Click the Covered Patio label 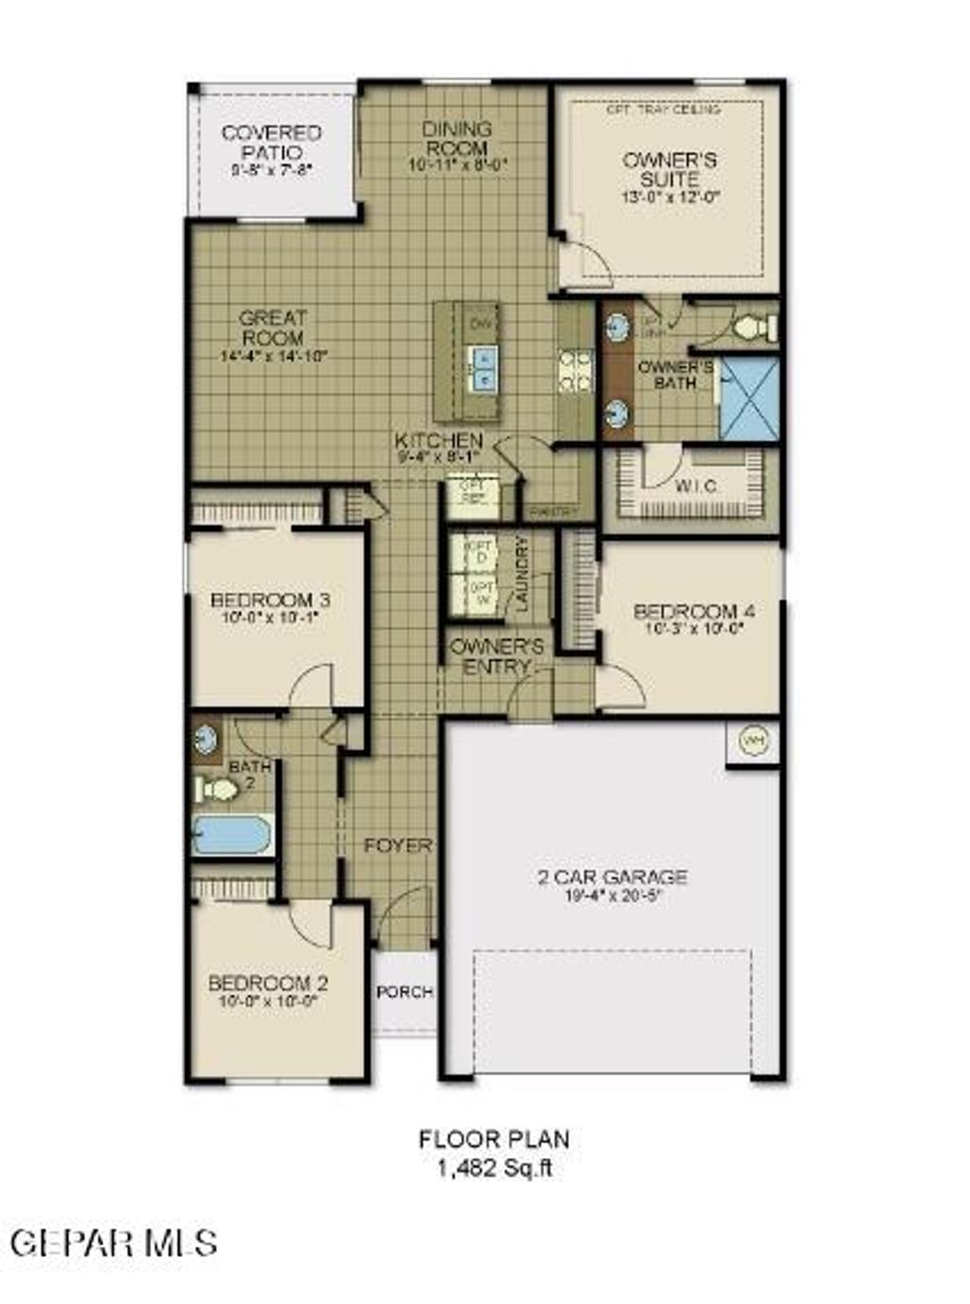click(271, 142)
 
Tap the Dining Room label click(458, 138)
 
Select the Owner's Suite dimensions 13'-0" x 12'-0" click(672, 198)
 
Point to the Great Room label click(273, 328)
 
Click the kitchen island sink click(483, 366)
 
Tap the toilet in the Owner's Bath click(755, 328)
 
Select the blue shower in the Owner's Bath click(749, 398)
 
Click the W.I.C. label click(695, 486)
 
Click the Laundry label click(521, 575)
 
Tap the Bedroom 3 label click(270, 600)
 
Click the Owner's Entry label click(496, 656)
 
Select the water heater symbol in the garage click(754, 739)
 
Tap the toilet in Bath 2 click(217, 788)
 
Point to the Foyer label click(398, 845)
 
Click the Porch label click(404, 991)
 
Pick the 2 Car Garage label click(612, 877)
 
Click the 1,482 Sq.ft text click(494, 1168)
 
